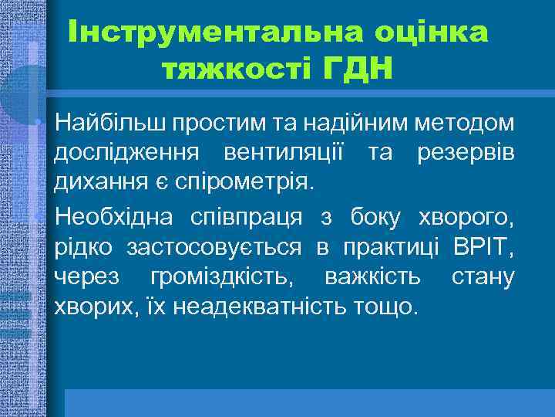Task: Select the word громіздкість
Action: click(229, 276)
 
